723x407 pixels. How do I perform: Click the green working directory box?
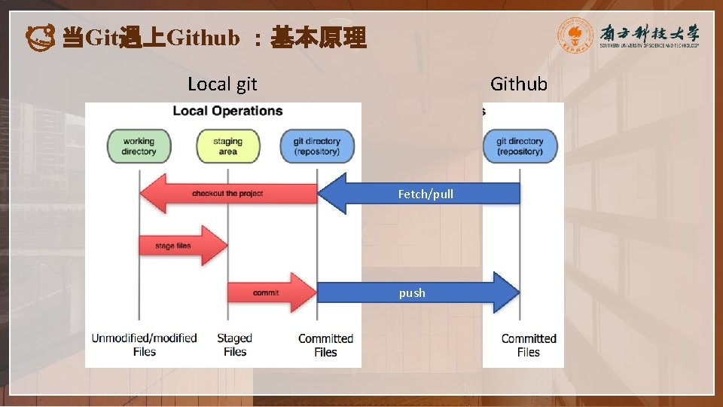point(139,146)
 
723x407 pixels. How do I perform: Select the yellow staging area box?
point(227,146)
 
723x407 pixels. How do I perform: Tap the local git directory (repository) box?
point(317,146)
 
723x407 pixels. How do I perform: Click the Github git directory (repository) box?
point(520,146)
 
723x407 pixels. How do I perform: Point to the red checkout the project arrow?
point(226,194)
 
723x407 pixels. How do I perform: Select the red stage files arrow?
point(182,246)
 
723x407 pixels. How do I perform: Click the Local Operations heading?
point(227,111)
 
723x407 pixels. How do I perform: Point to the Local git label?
point(222,84)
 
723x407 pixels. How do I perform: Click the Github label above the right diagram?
point(519,84)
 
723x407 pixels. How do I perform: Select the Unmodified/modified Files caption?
point(144,345)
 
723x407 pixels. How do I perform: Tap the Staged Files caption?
point(234,345)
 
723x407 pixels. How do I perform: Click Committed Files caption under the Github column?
point(529,345)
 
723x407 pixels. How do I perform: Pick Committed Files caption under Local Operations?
point(325,345)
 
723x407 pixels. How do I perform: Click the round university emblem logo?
point(575,35)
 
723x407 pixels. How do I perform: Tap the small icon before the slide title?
point(39,36)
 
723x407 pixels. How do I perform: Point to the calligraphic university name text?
point(649,32)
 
